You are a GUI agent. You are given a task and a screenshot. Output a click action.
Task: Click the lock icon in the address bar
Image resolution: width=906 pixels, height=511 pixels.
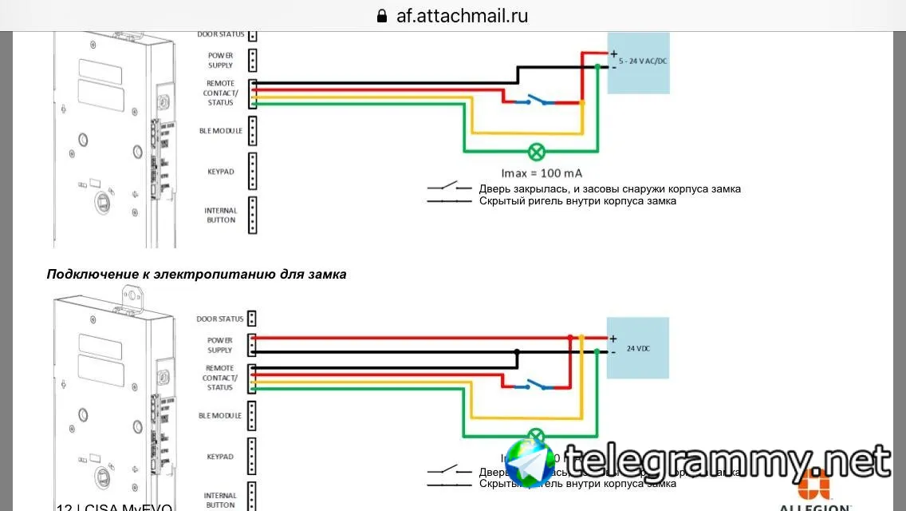(x=381, y=16)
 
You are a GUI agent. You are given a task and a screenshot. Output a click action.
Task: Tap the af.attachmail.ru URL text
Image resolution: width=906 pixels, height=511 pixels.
(x=462, y=16)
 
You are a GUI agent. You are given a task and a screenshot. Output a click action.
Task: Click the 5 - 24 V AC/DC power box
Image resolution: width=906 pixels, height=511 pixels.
(x=638, y=62)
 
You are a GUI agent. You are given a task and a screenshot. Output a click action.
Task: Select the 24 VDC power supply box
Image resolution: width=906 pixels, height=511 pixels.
(x=638, y=348)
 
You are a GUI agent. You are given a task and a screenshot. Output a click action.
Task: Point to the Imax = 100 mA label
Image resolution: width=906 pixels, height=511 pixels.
(x=542, y=172)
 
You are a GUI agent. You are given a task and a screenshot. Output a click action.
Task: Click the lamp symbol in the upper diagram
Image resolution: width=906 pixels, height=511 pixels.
(x=538, y=150)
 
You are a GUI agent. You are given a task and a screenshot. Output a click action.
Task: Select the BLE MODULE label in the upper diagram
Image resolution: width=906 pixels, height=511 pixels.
(x=221, y=131)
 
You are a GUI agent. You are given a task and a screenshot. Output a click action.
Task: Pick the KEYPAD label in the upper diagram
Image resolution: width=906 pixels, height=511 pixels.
(x=220, y=172)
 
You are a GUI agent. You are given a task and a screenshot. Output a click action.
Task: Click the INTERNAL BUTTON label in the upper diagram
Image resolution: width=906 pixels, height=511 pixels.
(x=221, y=216)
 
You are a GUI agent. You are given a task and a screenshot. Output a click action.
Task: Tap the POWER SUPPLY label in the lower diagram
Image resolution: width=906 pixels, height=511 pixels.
(x=220, y=345)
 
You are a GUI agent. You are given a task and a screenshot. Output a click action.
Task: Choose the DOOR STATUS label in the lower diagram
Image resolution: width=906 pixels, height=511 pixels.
(x=220, y=319)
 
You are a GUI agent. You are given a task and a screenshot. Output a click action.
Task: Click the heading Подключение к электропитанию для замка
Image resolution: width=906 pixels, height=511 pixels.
(x=197, y=274)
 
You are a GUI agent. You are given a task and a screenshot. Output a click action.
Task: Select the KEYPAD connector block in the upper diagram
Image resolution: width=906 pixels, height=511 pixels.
(x=252, y=171)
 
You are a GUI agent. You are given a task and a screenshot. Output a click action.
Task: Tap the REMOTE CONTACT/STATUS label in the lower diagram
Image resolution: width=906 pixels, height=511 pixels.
(x=219, y=378)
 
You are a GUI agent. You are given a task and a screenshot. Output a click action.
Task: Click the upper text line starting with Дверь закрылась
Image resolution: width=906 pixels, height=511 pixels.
(x=610, y=189)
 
